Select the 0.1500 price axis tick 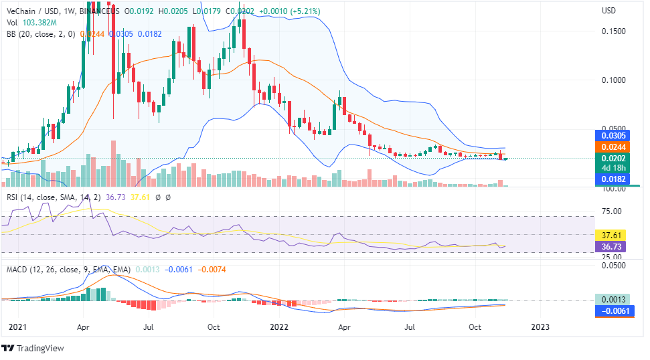[x=613, y=31]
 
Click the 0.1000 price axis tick [x=613, y=80]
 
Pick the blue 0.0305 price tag [x=613, y=135]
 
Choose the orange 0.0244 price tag [x=613, y=147]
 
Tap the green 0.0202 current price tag [x=613, y=159]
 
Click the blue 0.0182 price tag [x=613, y=180]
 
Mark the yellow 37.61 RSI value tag [x=613, y=236]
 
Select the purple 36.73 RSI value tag [x=613, y=247]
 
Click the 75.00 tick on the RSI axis [x=613, y=211]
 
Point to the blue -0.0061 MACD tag [x=613, y=311]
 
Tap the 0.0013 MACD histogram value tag [x=613, y=300]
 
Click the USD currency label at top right [x=608, y=11]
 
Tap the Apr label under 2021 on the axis [x=84, y=327]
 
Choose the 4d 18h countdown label [x=613, y=169]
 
